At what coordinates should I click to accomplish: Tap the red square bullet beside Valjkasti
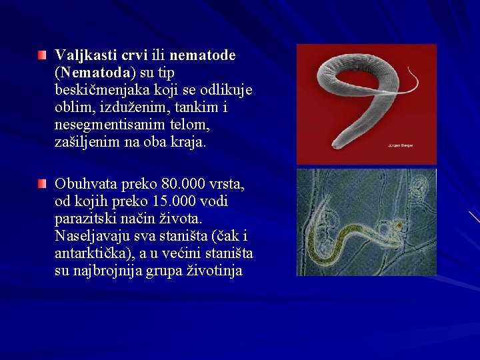(x=43, y=53)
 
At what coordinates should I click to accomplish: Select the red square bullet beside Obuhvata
(x=43, y=182)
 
